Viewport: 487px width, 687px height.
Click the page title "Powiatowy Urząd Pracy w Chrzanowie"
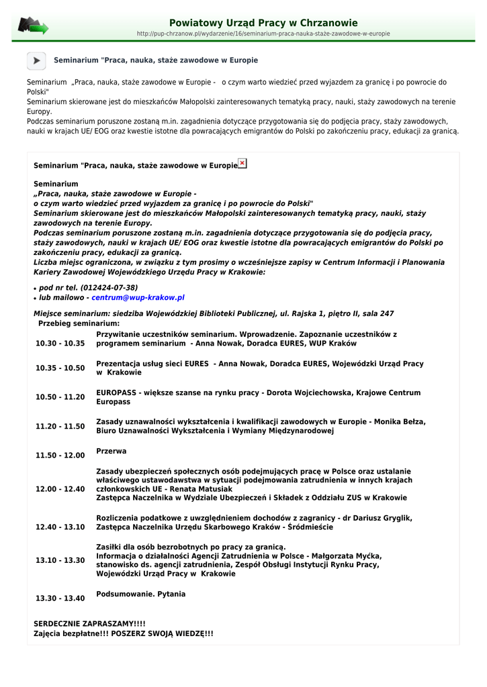[263, 23]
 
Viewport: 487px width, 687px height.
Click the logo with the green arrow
[32, 26]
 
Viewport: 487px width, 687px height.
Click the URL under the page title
[263, 34]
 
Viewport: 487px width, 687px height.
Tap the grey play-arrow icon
[36, 60]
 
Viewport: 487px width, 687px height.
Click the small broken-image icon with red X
[242, 163]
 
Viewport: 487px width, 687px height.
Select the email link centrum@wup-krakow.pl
[138, 297]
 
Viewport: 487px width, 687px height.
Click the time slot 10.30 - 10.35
[60, 343]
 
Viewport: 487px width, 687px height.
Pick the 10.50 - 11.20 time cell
[60, 397]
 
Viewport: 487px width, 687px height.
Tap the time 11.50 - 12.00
[60, 456]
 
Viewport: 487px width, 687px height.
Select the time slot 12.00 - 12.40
[60, 489]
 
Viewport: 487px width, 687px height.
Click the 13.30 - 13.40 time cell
[60, 598]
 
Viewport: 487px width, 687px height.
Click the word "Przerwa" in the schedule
[112, 452]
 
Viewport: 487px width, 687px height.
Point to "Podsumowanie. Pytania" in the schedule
[141, 594]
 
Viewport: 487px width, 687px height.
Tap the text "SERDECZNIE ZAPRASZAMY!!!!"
[89, 624]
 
